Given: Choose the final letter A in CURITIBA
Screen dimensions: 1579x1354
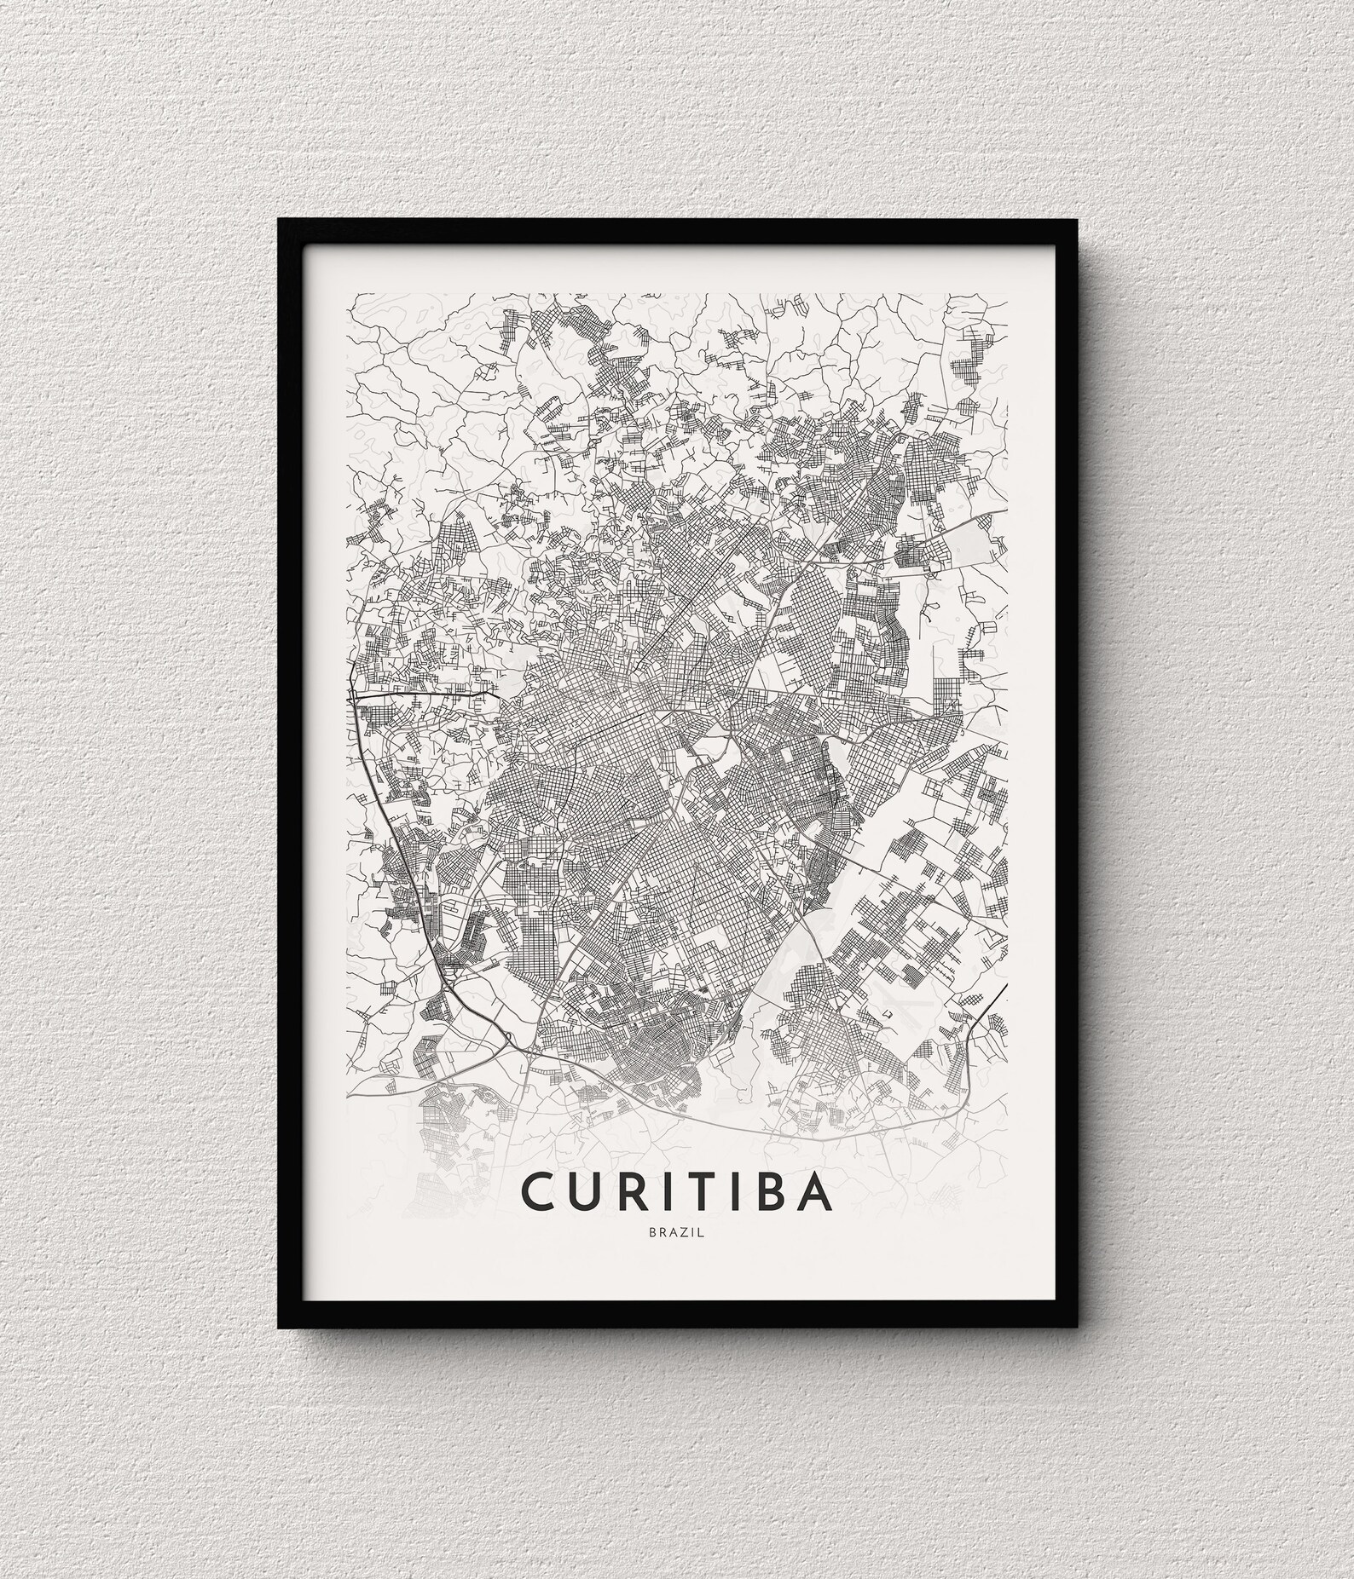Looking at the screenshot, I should (814, 1192).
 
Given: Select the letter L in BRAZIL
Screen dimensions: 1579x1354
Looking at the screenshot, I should (701, 1232).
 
